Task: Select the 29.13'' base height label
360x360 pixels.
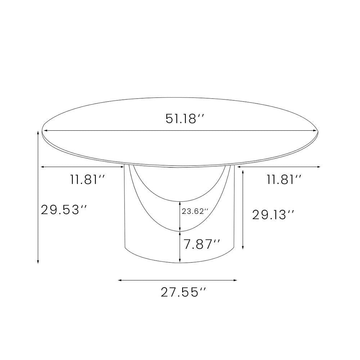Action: pyautogui.click(x=273, y=215)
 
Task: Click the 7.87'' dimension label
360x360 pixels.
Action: pyautogui.click(x=202, y=245)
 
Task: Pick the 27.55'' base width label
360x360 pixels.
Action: pyautogui.click(x=184, y=292)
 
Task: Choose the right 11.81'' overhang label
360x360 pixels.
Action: pyautogui.click(x=284, y=179)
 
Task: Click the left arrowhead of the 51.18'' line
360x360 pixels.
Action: pyautogui.click(x=45, y=131)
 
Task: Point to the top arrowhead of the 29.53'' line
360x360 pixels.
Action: pyautogui.click(x=38, y=132)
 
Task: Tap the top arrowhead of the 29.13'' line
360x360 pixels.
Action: pyautogui.click(x=243, y=172)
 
